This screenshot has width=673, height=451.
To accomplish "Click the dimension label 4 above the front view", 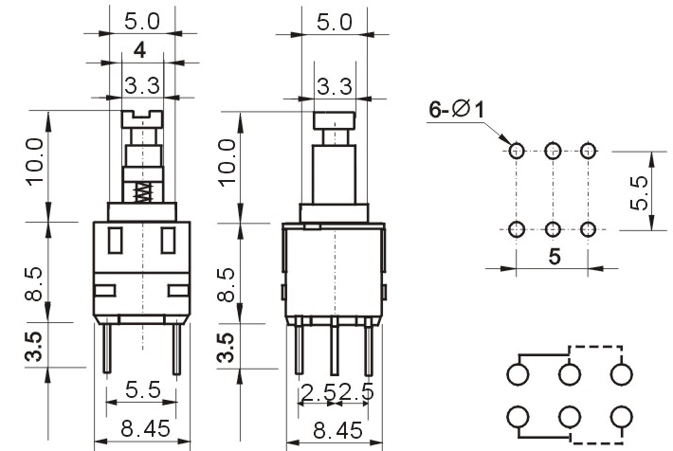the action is [139, 50].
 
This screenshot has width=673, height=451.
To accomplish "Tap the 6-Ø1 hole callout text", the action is [457, 109].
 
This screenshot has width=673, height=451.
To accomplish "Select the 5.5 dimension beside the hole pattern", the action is [639, 193].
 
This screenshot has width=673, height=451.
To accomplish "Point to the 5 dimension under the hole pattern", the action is [555, 257].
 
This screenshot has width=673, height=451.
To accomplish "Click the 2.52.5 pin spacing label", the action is [337, 392].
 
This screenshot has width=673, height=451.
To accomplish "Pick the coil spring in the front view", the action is [143, 192].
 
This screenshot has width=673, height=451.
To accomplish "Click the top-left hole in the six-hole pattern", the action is [517, 151].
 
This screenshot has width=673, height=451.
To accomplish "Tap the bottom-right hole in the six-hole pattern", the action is [588, 229].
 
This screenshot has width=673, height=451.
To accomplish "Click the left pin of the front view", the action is [107, 349].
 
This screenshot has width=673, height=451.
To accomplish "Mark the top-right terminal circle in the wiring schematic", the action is [621, 373].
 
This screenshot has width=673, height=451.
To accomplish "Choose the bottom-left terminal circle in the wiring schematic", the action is [518, 416].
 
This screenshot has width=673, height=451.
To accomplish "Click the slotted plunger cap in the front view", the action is [142, 119].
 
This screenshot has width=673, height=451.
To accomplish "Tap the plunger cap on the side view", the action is [335, 120].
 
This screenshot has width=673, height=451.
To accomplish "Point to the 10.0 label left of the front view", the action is [35, 162].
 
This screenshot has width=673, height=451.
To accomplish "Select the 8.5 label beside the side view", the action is [227, 284].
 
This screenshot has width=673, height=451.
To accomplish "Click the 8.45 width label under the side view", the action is [337, 429].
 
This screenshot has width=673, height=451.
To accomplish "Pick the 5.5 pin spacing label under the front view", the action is [143, 389].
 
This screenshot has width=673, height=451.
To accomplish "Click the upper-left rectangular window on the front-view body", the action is [115, 241].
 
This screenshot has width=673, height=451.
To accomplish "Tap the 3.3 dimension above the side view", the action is [335, 86].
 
